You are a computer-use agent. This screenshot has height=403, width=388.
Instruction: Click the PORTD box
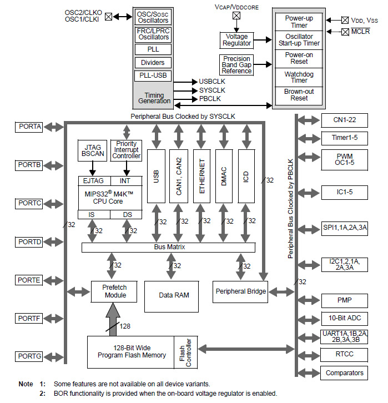click(29, 242)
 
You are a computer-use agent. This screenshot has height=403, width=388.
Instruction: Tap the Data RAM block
click(174, 295)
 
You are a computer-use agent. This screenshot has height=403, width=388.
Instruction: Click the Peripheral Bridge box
click(240, 291)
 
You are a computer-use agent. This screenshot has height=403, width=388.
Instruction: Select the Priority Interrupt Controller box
click(127, 151)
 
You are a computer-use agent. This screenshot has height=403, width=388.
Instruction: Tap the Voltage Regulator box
click(236, 40)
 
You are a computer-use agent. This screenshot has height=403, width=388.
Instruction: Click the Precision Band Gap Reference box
click(236, 65)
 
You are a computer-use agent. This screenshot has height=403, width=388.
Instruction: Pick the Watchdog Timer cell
click(299, 77)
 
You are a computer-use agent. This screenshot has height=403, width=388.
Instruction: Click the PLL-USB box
click(153, 76)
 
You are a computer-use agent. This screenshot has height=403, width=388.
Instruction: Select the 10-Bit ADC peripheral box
click(344, 318)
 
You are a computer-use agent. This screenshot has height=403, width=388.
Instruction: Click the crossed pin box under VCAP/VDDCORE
click(236, 16)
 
